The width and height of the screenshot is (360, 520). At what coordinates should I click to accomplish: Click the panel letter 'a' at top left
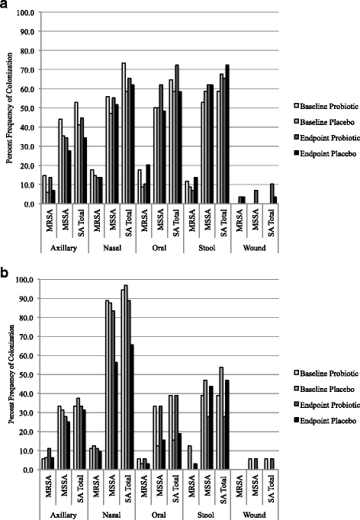click(x=5, y=6)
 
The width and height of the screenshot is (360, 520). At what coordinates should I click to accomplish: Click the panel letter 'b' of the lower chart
click(x=5, y=268)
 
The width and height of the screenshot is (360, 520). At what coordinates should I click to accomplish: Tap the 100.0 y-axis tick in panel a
click(x=27, y=14)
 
